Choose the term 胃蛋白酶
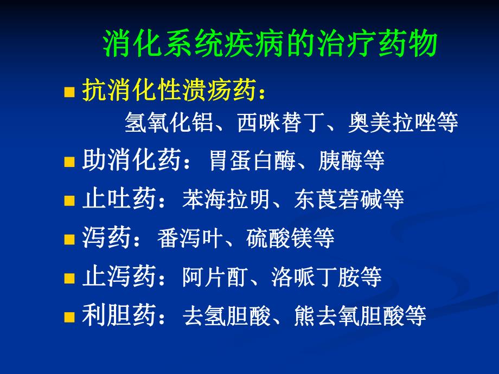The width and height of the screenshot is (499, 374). (254, 161)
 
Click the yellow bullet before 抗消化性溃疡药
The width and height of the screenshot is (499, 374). (69, 93)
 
